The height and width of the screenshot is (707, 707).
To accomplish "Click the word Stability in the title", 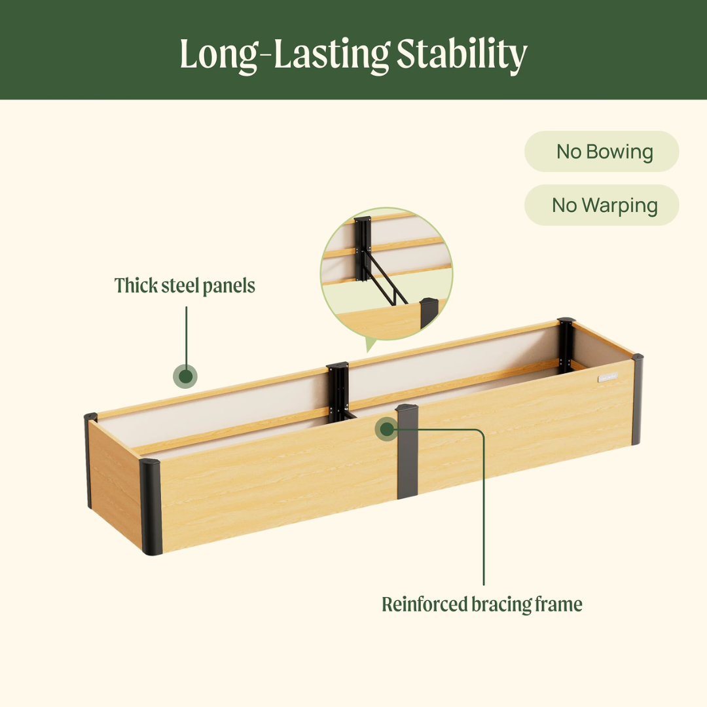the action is click(462, 54).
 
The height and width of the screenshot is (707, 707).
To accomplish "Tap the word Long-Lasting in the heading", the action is click(285, 54).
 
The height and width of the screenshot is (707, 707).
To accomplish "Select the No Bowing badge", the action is click(602, 151).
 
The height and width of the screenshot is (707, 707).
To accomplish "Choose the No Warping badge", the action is click(602, 205).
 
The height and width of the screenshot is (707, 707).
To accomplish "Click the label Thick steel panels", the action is click(185, 286).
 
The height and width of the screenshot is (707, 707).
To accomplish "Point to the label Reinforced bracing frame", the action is click(482, 604).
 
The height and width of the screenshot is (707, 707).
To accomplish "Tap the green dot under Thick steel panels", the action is click(185, 376).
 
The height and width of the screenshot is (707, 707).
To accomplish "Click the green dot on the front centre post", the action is click(387, 429).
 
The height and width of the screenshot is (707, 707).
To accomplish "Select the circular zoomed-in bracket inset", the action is click(386, 274).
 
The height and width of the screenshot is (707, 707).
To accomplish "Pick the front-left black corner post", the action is click(151, 507).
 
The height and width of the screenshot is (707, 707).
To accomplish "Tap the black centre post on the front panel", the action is click(408, 452).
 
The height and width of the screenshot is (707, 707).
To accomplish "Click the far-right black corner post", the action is click(637, 399).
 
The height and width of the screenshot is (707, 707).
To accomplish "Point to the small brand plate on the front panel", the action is click(607, 378).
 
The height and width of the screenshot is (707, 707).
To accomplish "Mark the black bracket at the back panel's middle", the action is click(338, 392).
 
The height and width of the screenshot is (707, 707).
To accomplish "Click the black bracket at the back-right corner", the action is click(566, 346).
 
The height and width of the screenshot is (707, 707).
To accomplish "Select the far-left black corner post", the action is click(89, 460).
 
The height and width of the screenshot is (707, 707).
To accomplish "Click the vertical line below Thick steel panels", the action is click(186, 335).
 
